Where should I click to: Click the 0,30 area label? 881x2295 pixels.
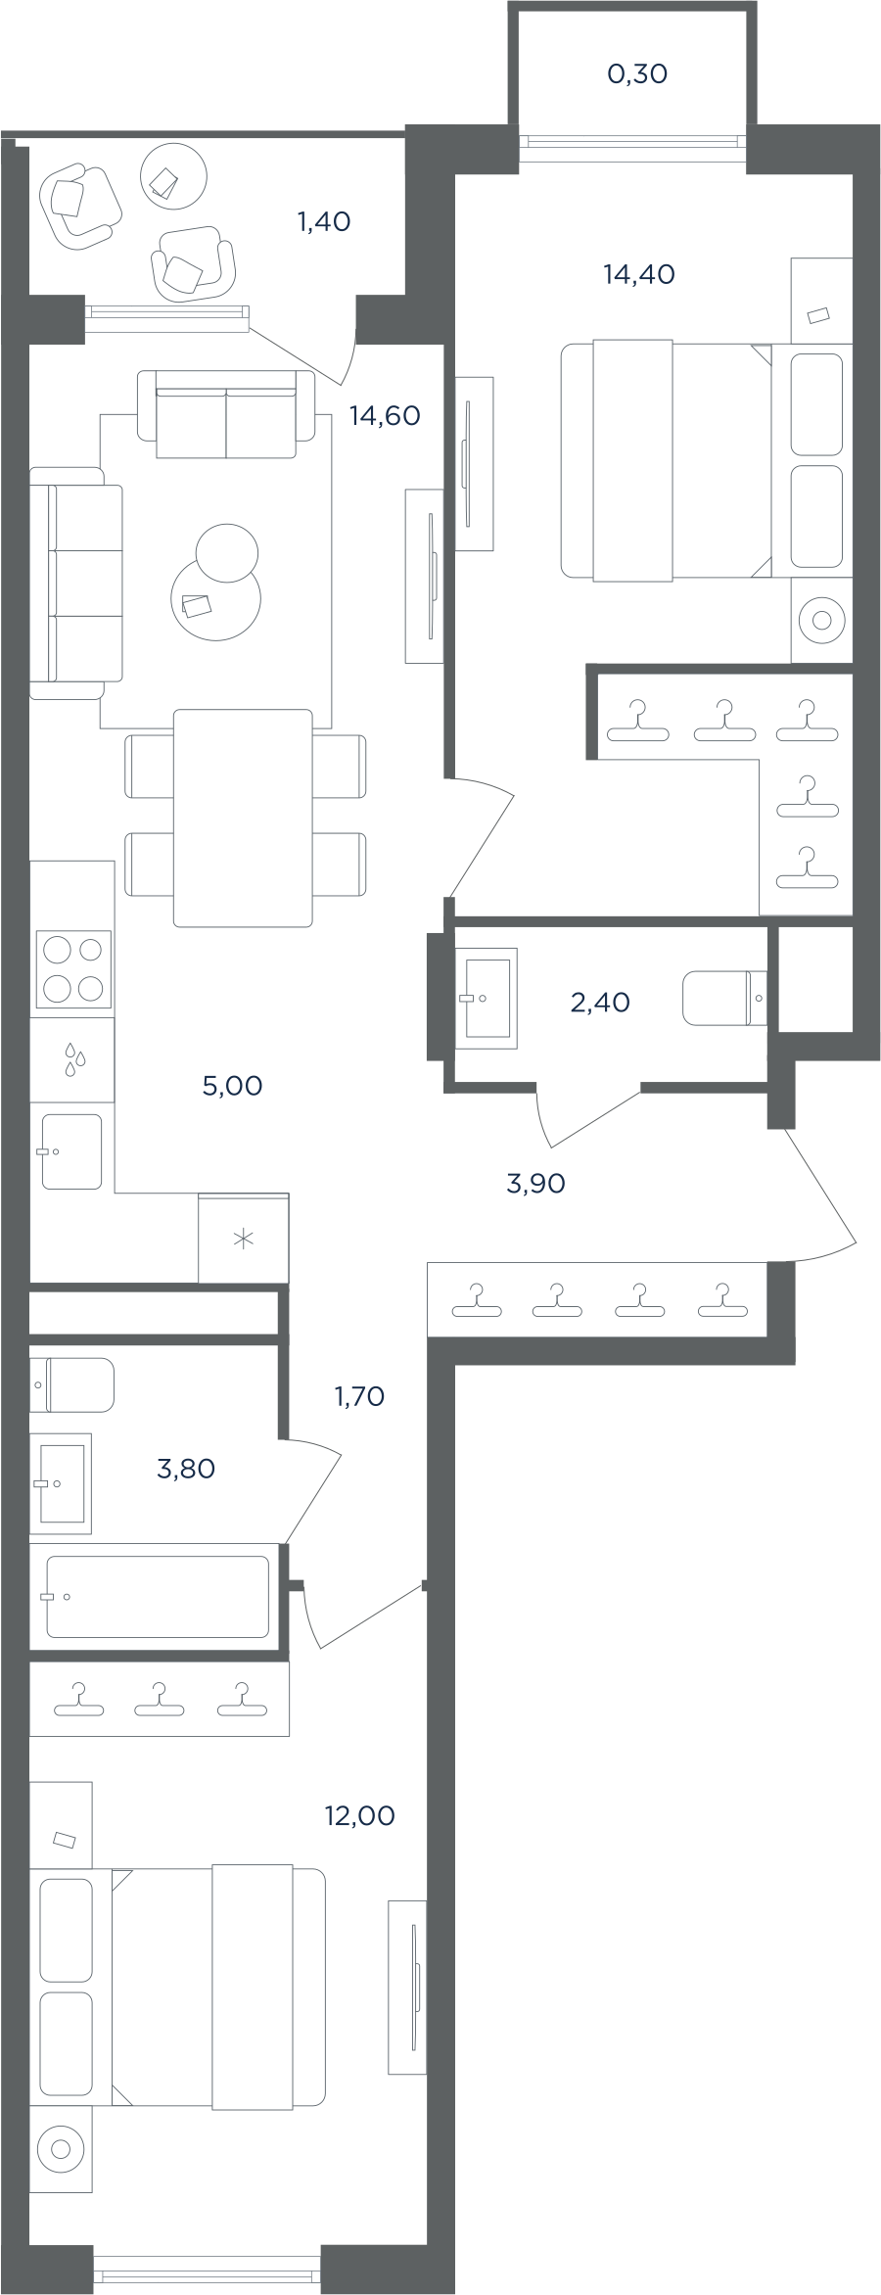(x=637, y=73)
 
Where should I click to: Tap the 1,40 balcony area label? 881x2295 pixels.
(x=324, y=222)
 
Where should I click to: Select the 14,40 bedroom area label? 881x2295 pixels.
(x=639, y=275)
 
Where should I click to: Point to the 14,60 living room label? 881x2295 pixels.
(x=385, y=416)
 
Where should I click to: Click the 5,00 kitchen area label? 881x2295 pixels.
(x=232, y=1086)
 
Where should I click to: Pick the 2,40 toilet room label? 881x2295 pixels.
(x=600, y=1003)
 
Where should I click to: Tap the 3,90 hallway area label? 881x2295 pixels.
(x=535, y=1184)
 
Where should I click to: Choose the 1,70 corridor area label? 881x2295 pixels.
(x=359, y=1397)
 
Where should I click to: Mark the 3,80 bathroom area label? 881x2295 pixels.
(x=186, y=1469)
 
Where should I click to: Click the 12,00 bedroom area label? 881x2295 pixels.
(x=359, y=1816)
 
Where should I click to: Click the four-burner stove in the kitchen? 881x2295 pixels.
(x=72, y=969)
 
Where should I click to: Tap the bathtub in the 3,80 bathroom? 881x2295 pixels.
(x=158, y=1596)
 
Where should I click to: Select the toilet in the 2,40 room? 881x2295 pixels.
(x=724, y=998)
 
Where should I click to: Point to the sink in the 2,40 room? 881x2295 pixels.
(x=487, y=998)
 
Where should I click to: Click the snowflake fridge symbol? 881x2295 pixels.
(x=243, y=1240)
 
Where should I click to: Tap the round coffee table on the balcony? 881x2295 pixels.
(x=174, y=176)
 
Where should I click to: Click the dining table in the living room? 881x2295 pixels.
(x=244, y=819)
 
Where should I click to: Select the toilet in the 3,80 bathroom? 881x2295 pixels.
(x=71, y=1384)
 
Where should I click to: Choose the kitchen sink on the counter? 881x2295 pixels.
(x=71, y=1151)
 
